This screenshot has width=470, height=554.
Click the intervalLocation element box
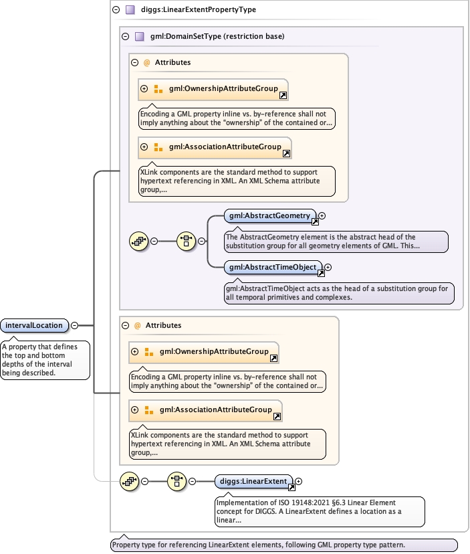[35, 326]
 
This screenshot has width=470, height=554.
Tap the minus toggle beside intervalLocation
[74, 326]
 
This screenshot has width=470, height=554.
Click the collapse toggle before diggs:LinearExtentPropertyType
[116, 10]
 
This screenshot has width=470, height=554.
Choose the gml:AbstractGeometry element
[269, 216]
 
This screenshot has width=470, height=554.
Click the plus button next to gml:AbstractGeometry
[322, 216]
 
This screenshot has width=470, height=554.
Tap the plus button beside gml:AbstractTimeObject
[328, 267]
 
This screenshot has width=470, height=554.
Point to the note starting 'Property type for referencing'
[284, 545]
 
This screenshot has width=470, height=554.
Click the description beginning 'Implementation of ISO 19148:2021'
[320, 511]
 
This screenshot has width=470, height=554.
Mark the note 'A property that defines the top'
[45, 360]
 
